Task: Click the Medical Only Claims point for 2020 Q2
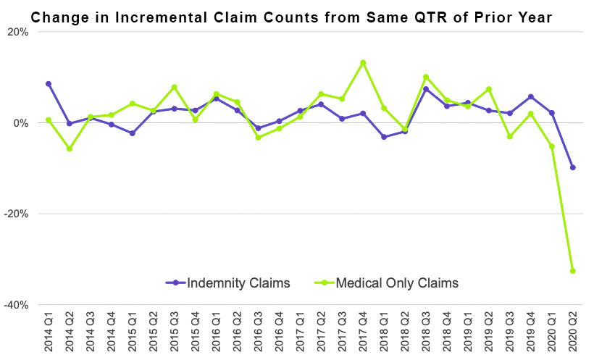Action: coord(573,271)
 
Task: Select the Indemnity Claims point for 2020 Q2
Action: coord(573,167)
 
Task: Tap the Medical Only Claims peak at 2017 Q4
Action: coord(363,62)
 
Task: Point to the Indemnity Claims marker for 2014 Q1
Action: coord(49,84)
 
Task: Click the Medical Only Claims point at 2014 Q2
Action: coord(70,148)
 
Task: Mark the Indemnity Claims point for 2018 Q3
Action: coord(426,89)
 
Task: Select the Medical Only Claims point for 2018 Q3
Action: coord(426,77)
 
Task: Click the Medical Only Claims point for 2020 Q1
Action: coord(552,146)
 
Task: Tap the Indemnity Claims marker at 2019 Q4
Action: coord(531,96)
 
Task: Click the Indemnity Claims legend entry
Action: coord(228,283)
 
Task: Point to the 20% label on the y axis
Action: coord(18,32)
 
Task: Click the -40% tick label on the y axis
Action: coord(16,305)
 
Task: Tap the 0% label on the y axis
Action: coord(21,123)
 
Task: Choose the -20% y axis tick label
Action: coord(16,214)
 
